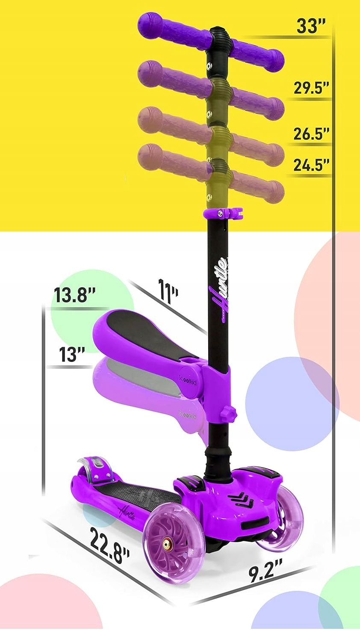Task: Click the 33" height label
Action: [x=311, y=27]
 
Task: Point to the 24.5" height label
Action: [x=311, y=165]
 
